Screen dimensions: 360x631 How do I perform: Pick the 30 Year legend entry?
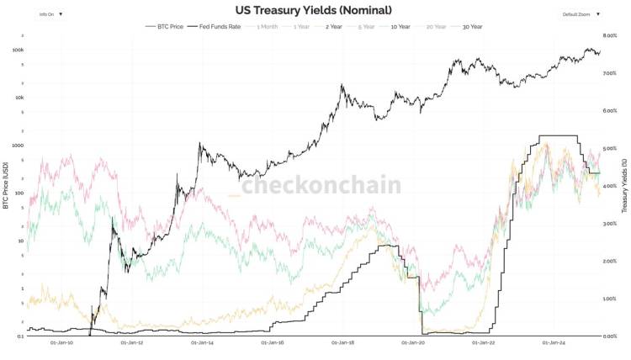pyautogui.click(x=470, y=27)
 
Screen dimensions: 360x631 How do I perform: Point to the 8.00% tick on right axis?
pyautogui.click(x=612, y=36)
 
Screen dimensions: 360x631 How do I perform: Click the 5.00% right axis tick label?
pyautogui.click(x=612, y=148)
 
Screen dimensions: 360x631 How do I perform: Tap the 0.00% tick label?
pyautogui.click(x=612, y=336)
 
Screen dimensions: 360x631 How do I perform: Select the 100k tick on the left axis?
pyautogui.click(x=18, y=50)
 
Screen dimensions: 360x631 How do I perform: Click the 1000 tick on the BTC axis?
pyautogui.click(x=18, y=145)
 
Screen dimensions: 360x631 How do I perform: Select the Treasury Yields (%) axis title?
pyautogui.click(x=624, y=186)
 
